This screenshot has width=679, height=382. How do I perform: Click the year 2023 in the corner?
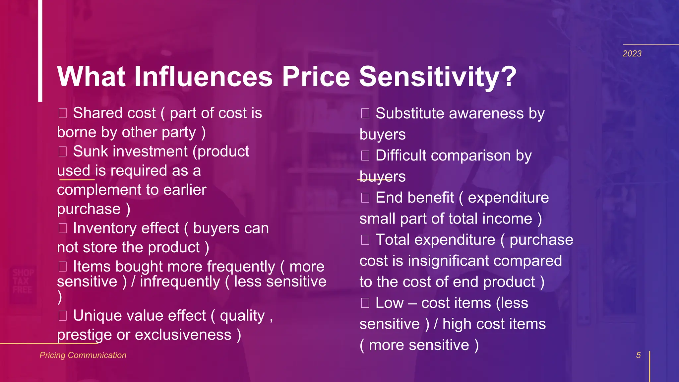[x=632, y=54]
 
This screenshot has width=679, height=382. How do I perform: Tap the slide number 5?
[x=638, y=355]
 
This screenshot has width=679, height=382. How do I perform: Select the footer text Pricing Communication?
[x=83, y=355]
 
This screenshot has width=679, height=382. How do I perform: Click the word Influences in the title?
[x=203, y=77]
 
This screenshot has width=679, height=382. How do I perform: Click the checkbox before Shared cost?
[x=63, y=113]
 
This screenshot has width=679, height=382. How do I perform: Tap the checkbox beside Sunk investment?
[x=63, y=152]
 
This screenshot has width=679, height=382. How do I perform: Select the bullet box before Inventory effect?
[x=63, y=228]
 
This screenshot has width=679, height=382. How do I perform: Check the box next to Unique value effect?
[x=63, y=316]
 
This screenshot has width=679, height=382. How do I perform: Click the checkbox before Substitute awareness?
[x=365, y=114]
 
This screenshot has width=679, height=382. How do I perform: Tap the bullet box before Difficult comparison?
[x=365, y=156]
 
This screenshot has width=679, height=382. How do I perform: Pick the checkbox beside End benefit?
[x=365, y=198]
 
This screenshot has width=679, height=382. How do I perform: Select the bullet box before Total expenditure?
[x=365, y=240]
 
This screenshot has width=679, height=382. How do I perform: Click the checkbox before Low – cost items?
[x=365, y=303]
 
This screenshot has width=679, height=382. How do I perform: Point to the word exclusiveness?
[x=183, y=335]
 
